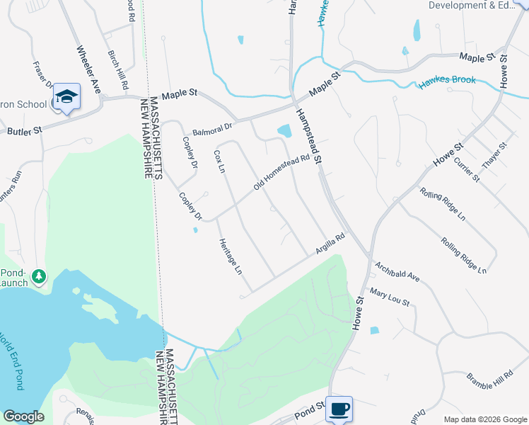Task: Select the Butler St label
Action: (x=25, y=130)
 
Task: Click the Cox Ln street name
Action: (x=219, y=161)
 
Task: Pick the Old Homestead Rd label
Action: (x=282, y=173)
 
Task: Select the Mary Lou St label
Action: (x=390, y=297)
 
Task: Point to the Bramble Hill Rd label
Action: (x=489, y=379)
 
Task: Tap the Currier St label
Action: (x=467, y=170)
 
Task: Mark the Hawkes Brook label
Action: (x=446, y=80)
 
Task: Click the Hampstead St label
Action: (x=308, y=137)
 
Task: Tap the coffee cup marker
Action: (x=339, y=408)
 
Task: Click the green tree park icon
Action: (x=39, y=276)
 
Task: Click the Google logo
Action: (x=24, y=416)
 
